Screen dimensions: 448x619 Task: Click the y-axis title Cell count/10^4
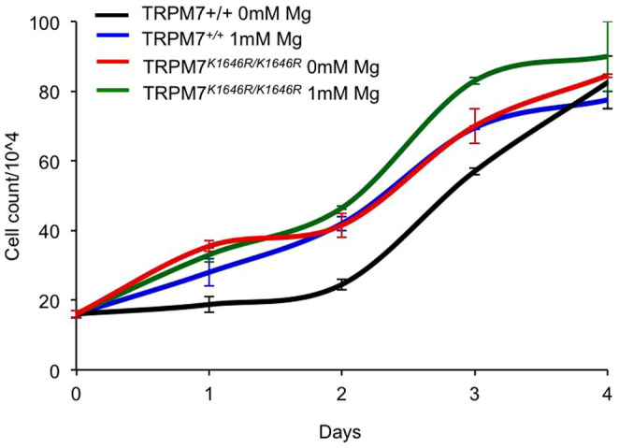point(16,196)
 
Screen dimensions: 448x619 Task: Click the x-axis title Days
point(340,432)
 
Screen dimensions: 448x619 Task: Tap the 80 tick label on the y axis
point(54,92)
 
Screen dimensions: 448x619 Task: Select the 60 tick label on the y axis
point(54,162)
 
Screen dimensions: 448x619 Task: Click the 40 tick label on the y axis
point(54,231)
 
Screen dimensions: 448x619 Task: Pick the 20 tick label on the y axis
point(54,300)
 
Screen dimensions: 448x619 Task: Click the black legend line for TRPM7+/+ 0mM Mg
point(119,15)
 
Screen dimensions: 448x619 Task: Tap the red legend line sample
point(119,67)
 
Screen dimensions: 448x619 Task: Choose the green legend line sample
point(119,94)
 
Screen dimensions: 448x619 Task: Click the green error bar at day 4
point(608,56)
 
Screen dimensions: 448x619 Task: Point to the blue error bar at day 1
point(209,271)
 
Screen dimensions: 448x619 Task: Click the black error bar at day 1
point(209,304)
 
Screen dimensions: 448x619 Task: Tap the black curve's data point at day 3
point(475,171)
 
